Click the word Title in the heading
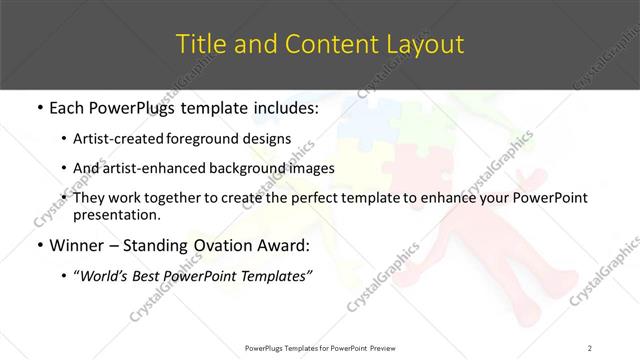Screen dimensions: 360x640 (198, 45)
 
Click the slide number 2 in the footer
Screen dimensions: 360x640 (590, 348)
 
